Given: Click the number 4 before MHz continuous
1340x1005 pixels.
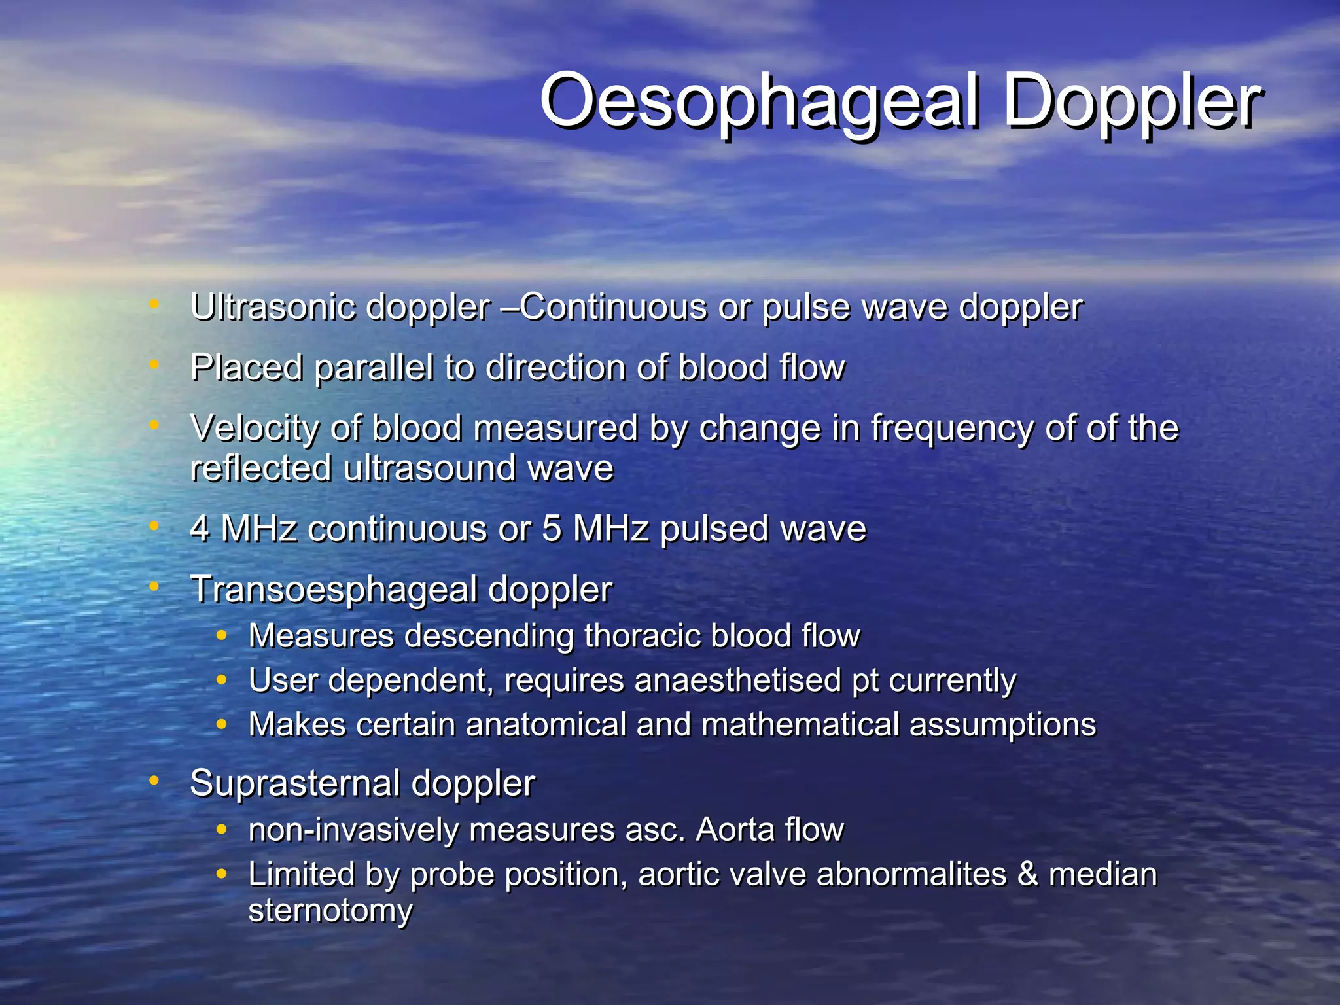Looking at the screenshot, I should [200, 529].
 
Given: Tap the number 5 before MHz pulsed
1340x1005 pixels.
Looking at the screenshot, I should [552, 529].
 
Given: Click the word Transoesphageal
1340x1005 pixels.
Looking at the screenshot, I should [334, 590].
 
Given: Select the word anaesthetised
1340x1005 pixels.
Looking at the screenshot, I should [737, 680].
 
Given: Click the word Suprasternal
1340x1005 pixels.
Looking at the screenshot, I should [294, 783].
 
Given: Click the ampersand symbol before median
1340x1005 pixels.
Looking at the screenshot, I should [1027, 875].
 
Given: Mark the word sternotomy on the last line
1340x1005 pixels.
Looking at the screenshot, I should [330, 911].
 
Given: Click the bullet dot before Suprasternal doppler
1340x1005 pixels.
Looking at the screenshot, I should [154, 780].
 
